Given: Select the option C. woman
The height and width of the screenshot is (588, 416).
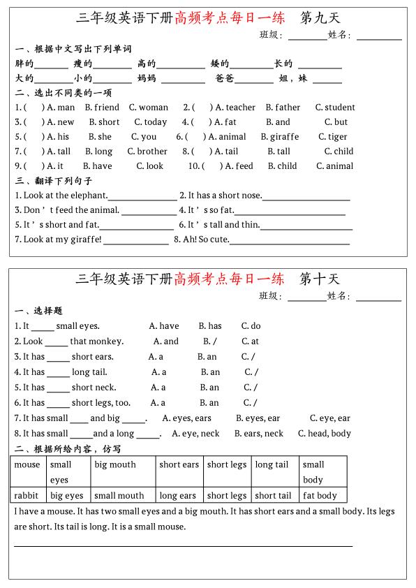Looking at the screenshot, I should (x=148, y=108).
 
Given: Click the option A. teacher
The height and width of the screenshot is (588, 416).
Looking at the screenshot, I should (x=235, y=108).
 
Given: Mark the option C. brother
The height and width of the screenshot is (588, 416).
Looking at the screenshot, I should (x=147, y=152).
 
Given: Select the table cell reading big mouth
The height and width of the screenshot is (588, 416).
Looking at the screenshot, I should (x=115, y=464).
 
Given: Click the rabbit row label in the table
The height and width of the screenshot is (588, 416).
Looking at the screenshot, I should (x=27, y=496).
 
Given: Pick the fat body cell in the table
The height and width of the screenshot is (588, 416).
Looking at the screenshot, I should (x=320, y=496).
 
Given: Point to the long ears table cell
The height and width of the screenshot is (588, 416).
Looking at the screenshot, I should (x=177, y=496).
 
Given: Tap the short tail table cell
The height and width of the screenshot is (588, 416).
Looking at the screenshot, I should (x=273, y=496).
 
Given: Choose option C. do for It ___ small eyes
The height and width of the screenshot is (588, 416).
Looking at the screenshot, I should (x=251, y=326).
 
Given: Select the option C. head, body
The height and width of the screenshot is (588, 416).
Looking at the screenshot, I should (x=324, y=434).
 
